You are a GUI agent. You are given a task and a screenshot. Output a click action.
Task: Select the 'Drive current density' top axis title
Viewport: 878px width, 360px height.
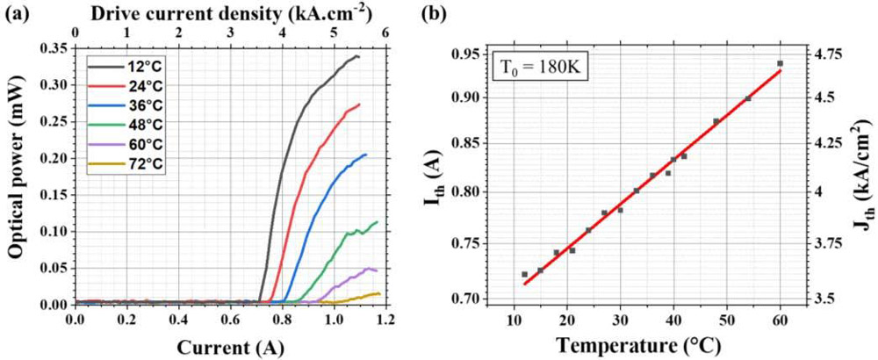(x=230, y=13)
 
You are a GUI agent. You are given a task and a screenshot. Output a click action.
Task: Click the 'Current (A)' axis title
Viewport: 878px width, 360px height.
(x=230, y=344)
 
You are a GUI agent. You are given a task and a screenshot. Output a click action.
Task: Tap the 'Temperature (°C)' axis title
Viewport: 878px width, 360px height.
(x=646, y=345)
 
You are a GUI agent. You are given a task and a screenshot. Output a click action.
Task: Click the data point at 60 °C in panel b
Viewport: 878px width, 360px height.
(x=781, y=63)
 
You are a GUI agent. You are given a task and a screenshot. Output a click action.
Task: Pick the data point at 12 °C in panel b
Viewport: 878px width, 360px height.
(x=525, y=275)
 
